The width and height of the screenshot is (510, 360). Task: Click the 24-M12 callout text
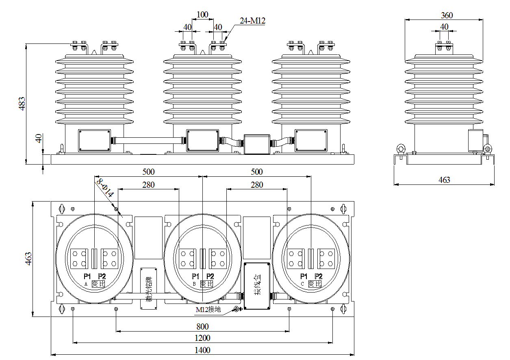(x=252, y=21)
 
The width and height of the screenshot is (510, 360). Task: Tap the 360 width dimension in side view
(x=447, y=15)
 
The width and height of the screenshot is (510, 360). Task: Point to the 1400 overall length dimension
(x=202, y=350)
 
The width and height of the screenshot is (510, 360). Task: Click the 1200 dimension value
(x=202, y=338)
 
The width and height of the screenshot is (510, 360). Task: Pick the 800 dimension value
(x=202, y=326)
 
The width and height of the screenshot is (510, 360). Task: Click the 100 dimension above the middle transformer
(x=202, y=15)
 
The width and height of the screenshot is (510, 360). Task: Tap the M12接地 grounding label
(x=208, y=310)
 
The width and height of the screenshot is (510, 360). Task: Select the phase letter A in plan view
(x=86, y=284)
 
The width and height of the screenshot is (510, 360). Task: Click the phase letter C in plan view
(x=302, y=284)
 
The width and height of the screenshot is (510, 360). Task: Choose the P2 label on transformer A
(x=102, y=277)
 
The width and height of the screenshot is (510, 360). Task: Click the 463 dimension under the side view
(x=445, y=180)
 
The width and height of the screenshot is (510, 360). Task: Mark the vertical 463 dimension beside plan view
(x=28, y=259)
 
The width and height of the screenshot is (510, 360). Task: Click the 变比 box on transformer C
(x=315, y=284)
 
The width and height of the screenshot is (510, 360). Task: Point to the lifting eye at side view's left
(x=401, y=148)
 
